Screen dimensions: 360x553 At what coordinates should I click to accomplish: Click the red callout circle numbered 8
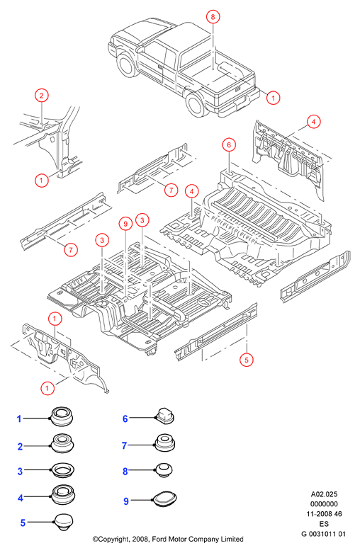pyautogui.click(x=213, y=17)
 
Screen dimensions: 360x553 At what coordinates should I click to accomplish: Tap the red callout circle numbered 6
pyautogui.click(x=229, y=145)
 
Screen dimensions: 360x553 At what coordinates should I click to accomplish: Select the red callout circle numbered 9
pyautogui.click(x=125, y=223)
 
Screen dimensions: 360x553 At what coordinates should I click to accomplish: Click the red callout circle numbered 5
pyautogui.click(x=247, y=360)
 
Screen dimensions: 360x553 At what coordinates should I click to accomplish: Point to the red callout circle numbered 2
pyautogui.click(x=42, y=95)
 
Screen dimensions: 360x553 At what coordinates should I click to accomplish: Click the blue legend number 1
pyautogui.click(x=19, y=419)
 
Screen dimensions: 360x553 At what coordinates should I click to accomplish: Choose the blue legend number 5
pyautogui.click(x=23, y=523)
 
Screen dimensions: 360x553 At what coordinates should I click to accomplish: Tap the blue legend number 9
pyautogui.click(x=126, y=501)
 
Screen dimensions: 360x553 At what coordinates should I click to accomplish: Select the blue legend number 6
pyautogui.click(x=125, y=418)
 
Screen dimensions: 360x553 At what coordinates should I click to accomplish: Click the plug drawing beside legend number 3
pyautogui.click(x=63, y=470)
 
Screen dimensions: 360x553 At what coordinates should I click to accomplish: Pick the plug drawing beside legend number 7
pyautogui.click(x=164, y=443)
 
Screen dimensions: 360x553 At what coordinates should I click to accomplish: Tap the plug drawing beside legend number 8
pyautogui.click(x=164, y=470)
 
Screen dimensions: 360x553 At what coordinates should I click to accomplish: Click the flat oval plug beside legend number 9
pyautogui.click(x=164, y=498)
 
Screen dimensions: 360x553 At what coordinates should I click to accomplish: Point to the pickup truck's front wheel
pyautogui.click(x=128, y=66)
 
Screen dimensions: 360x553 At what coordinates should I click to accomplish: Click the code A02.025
pyautogui.click(x=324, y=494)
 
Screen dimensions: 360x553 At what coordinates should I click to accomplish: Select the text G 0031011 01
pyautogui.click(x=323, y=534)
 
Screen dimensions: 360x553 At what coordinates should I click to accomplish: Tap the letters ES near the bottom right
pyautogui.click(x=324, y=524)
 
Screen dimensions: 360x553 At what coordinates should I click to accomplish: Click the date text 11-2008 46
pyautogui.click(x=324, y=514)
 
